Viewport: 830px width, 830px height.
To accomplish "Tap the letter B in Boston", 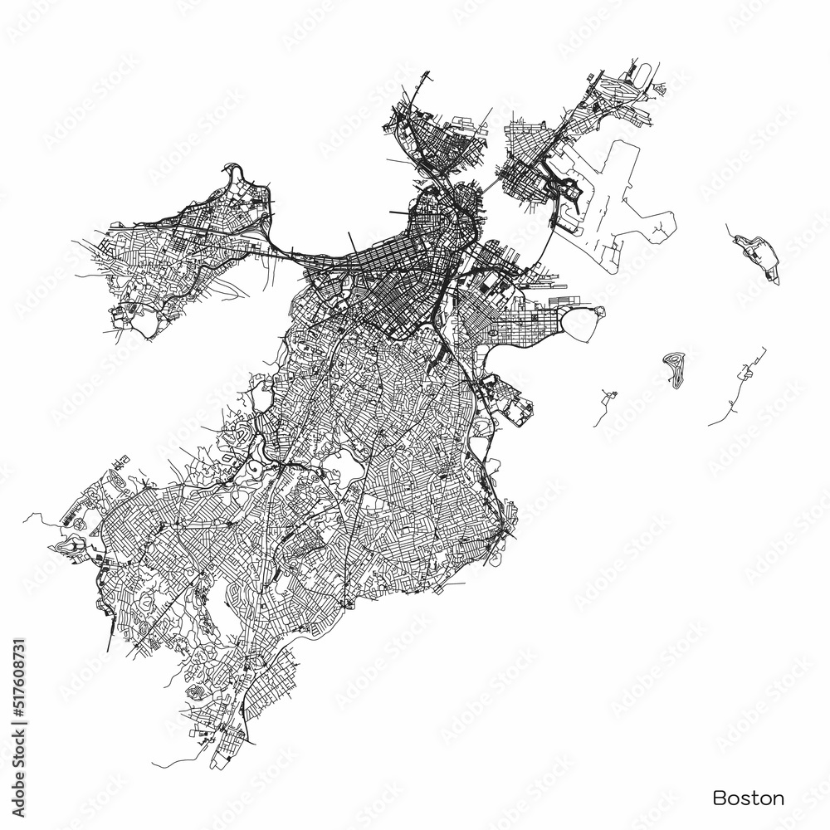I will pos(719,798).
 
